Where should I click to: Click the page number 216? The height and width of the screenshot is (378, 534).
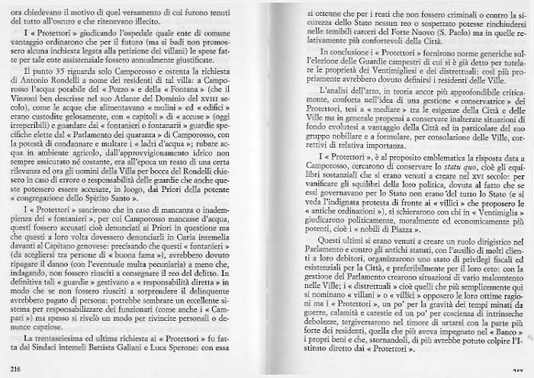[14, 368]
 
